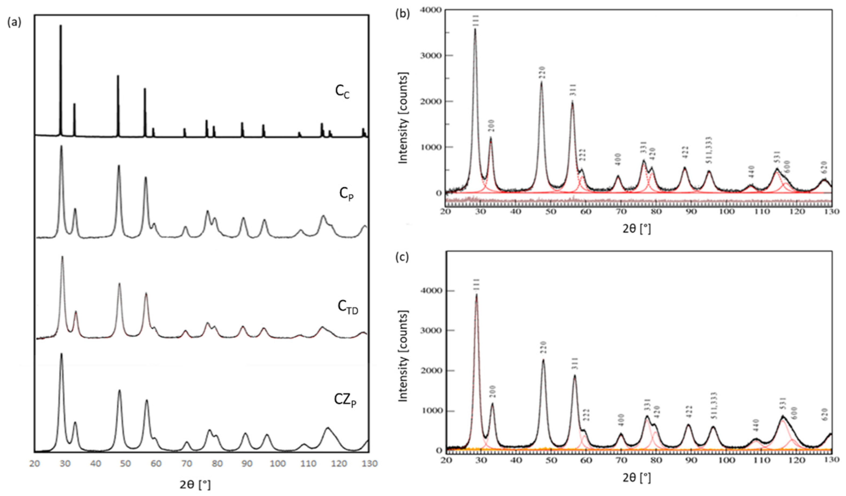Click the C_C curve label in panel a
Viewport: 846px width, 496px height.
[x=342, y=93]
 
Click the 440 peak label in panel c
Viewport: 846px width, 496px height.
[x=753, y=426]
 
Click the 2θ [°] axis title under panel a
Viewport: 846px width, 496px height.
[x=195, y=484]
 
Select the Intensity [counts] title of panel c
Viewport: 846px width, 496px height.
[x=403, y=356]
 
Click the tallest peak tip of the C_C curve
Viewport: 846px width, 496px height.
[x=61, y=26]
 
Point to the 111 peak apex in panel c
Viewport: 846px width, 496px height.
[x=476, y=295]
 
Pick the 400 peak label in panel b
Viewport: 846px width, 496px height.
[x=618, y=159]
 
